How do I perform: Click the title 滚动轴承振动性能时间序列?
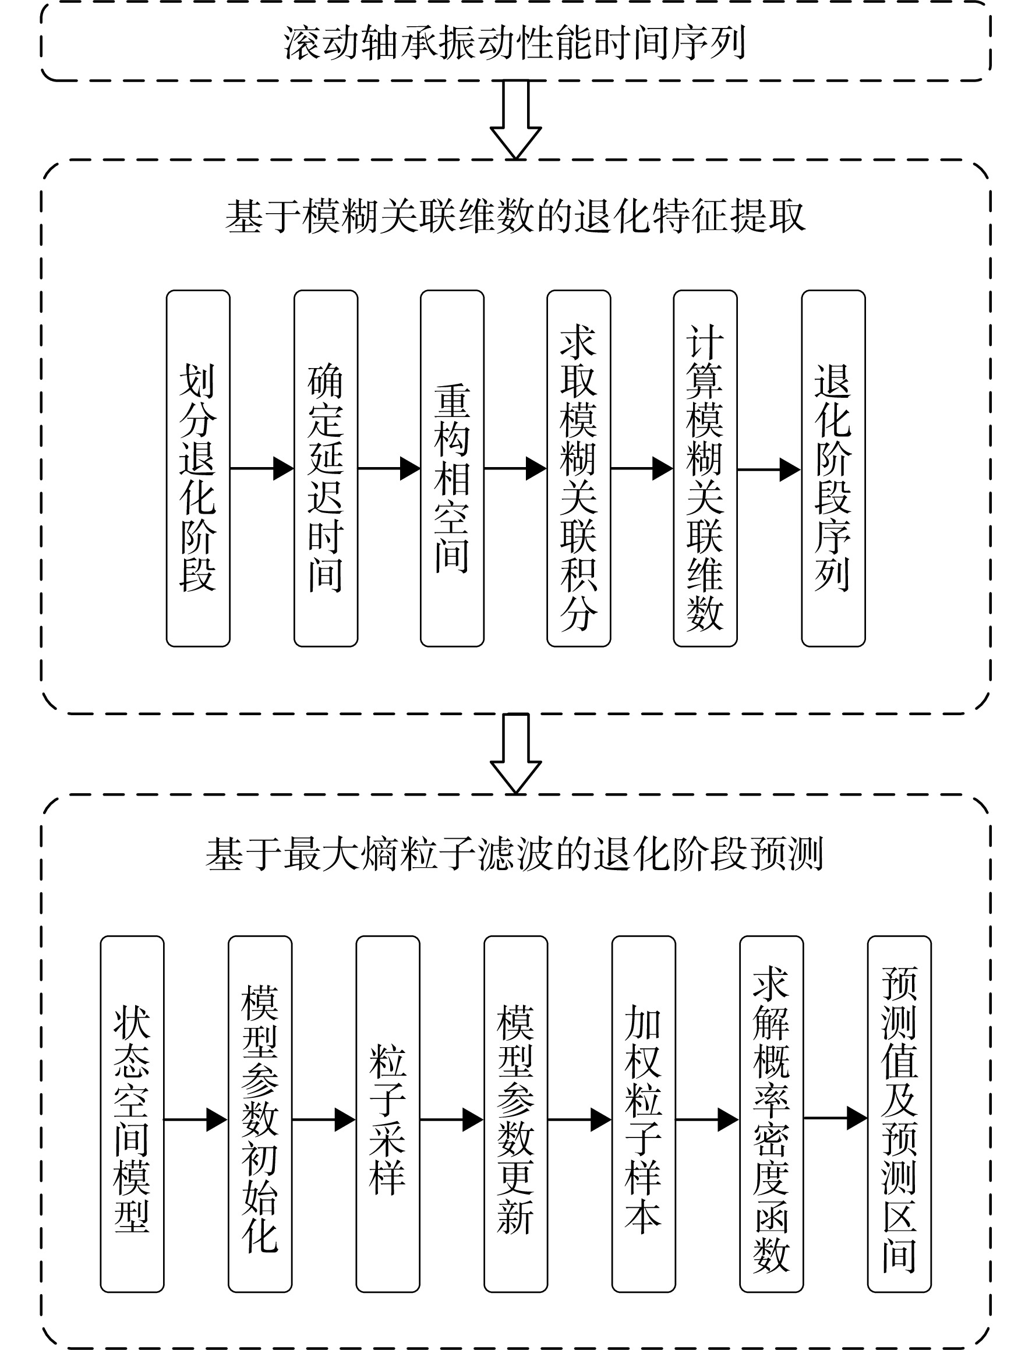pos(515,43)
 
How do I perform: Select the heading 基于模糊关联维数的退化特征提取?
pos(515,216)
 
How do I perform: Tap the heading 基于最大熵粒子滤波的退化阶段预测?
pos(515,854)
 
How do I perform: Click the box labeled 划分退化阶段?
pos(199,469)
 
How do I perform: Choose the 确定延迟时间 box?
pos(326,469)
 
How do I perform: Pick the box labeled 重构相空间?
pos(452,469)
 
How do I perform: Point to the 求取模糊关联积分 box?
pos(579,469)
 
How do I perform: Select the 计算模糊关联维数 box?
pos(705,469)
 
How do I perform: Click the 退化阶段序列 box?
pos(833,469)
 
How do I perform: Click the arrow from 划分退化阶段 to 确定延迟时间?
pos(262,469)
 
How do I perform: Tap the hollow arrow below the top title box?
pos(516,120)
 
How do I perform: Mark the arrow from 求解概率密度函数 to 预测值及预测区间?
pos(835,1118)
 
